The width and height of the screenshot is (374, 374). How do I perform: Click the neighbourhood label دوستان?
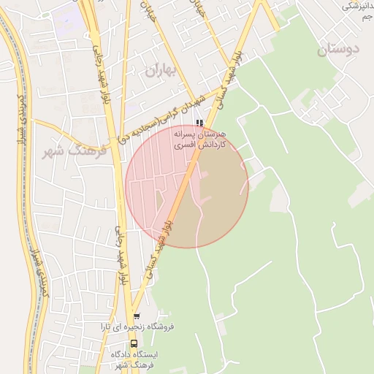pos(339,50)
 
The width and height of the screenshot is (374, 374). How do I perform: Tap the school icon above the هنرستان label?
pos(200,123)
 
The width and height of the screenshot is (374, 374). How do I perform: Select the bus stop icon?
pos(134,343)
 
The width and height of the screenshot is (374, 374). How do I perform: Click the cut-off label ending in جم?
pos(357,15)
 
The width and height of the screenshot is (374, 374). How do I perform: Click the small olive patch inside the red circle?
pos(159,199)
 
